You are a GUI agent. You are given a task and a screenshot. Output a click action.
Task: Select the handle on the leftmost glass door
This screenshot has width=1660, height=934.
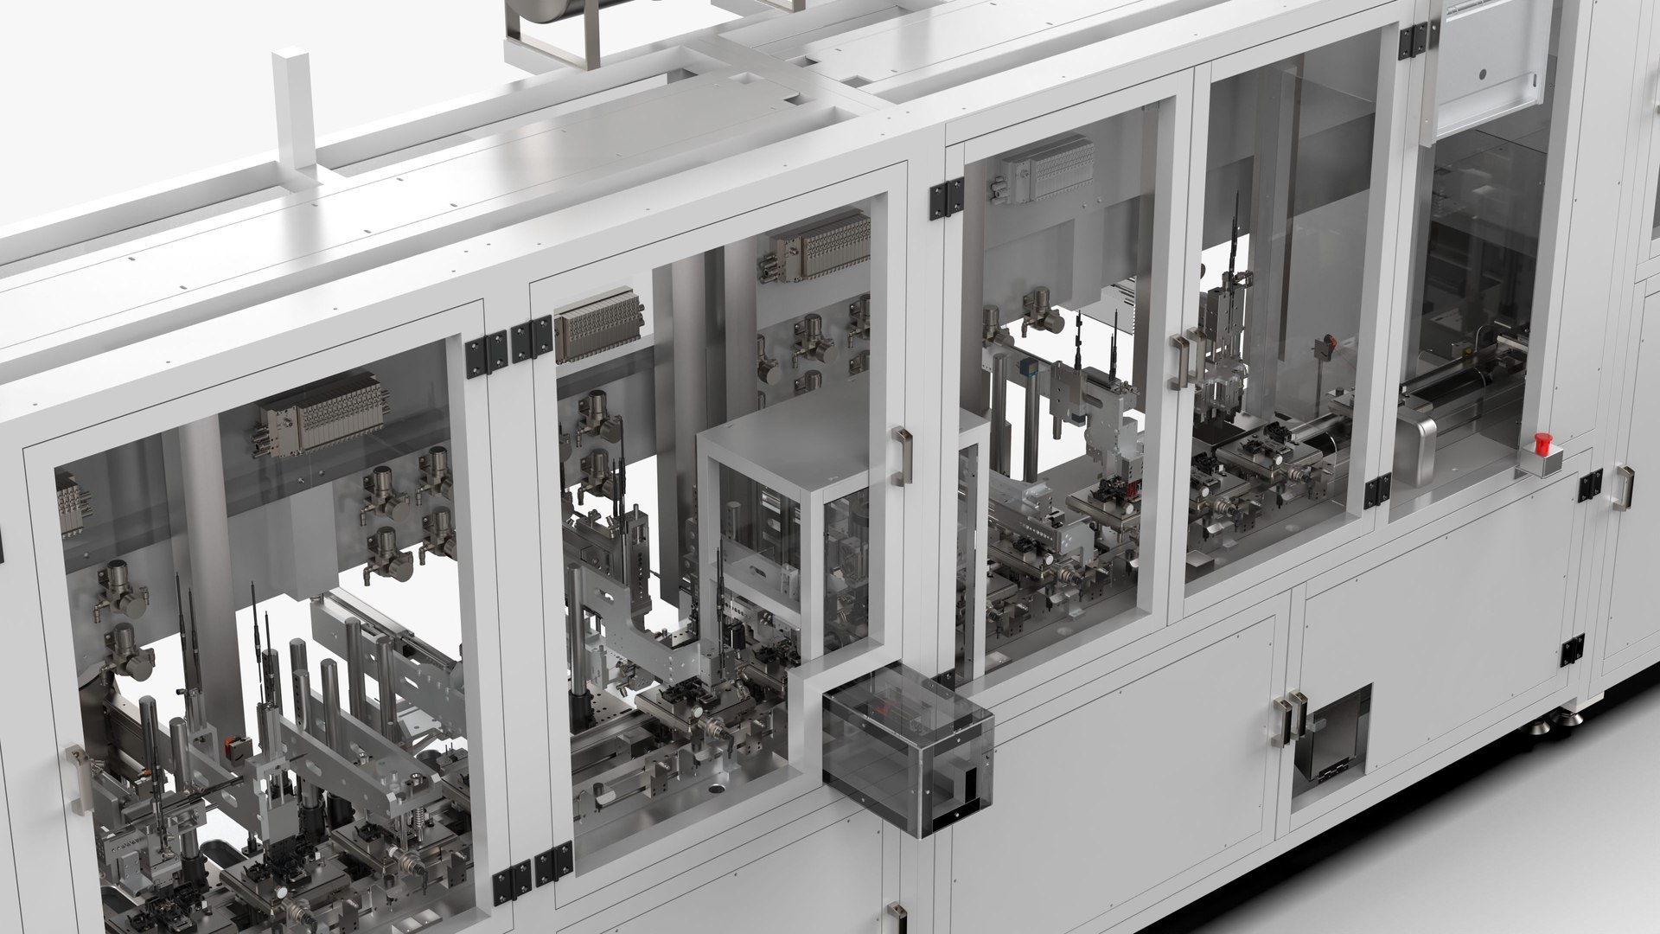click(80, 779)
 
